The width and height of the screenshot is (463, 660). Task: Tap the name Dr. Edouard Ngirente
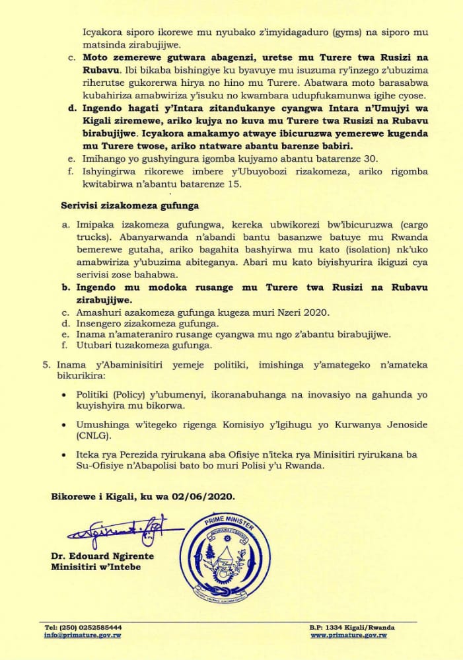[102, 556]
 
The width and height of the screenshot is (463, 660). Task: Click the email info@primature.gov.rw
[83, 635]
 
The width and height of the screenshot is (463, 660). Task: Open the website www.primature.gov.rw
[349, 635]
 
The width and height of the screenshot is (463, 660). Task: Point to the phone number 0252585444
[99, 626]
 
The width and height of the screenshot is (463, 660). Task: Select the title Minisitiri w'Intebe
[96, 567]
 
